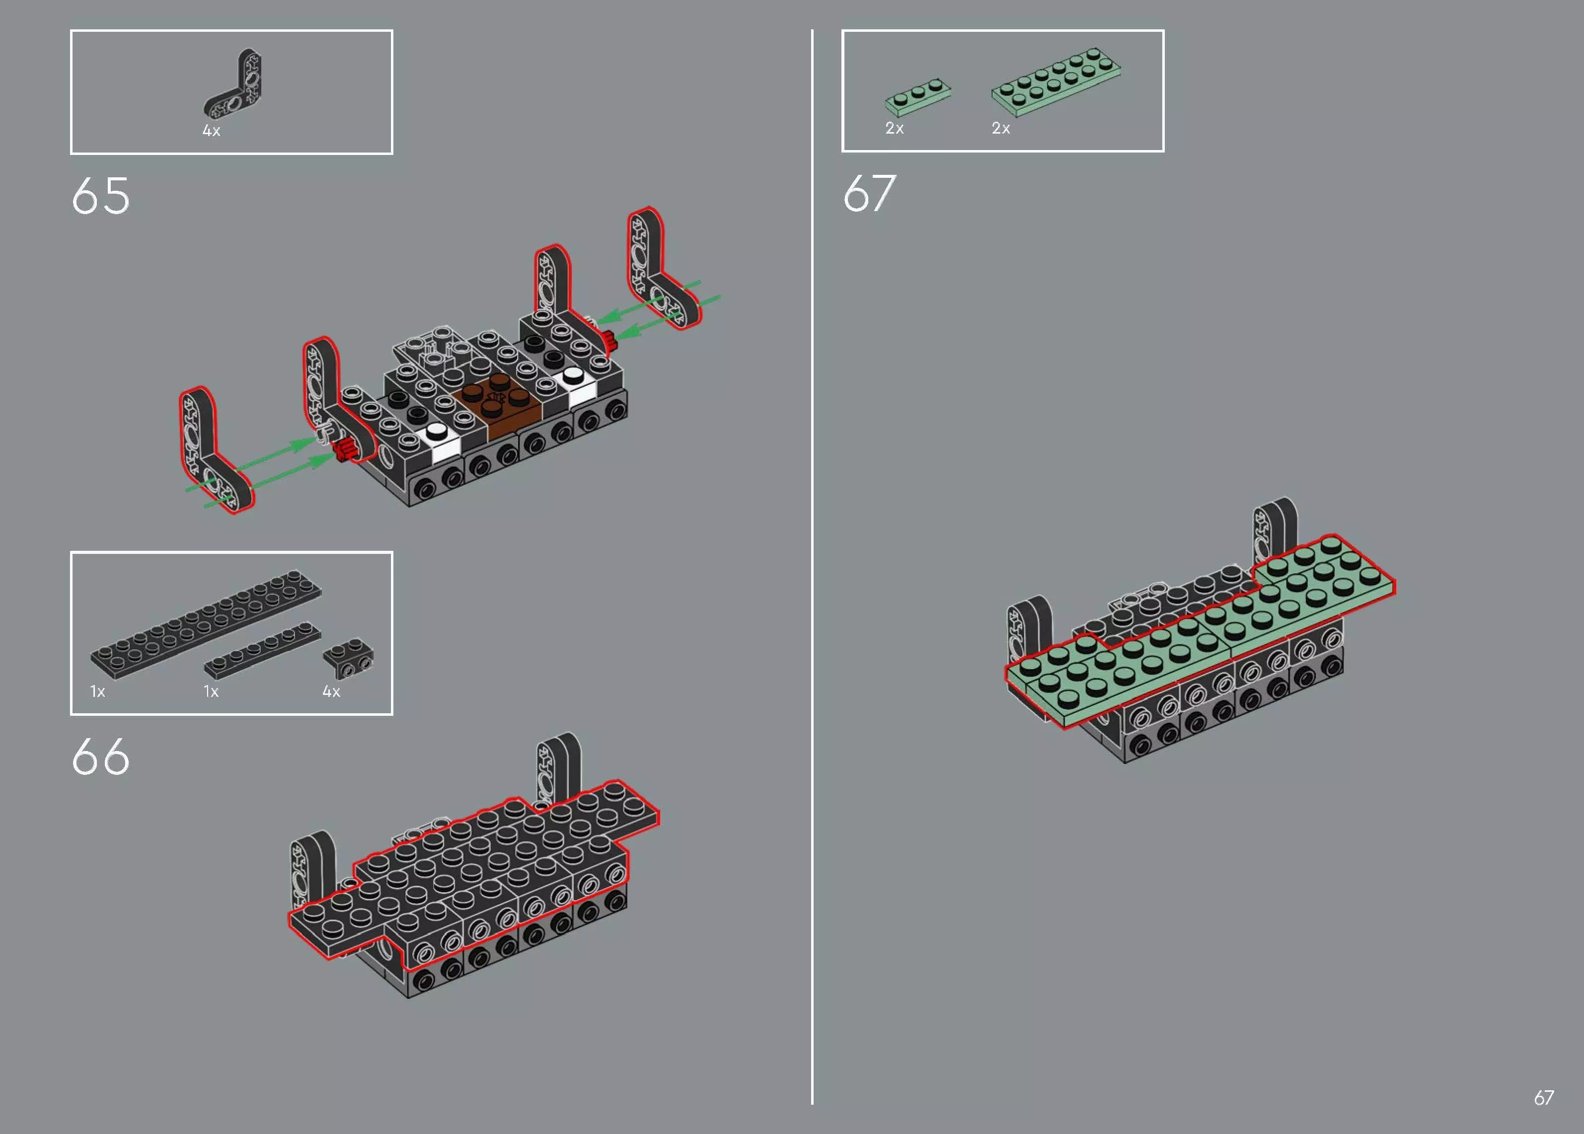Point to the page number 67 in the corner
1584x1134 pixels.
coord(1543,1098)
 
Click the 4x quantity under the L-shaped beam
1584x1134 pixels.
coord(211,131)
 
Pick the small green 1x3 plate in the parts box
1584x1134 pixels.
coord(917,96)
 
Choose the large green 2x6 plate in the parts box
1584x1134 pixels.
coord(1056,80)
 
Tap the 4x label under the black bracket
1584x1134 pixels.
coord(331,691)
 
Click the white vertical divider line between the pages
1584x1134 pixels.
coord(812,559)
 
